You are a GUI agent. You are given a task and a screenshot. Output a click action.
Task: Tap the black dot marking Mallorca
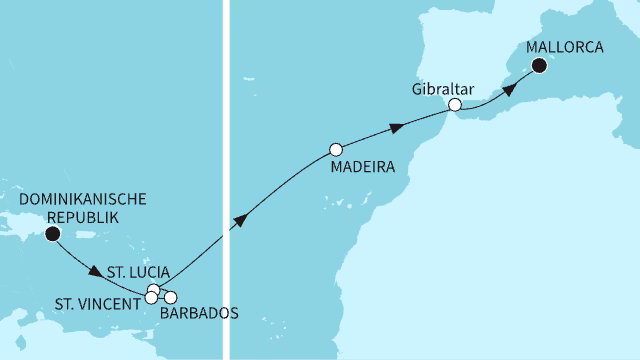click(540, 66)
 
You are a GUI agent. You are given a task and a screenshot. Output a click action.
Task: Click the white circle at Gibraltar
click(455, 104)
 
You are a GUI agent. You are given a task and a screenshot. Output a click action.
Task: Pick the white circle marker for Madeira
click(336, 150)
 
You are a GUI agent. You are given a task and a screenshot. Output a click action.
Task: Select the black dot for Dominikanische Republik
click(51, 234)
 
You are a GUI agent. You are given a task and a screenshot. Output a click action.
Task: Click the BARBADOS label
click(199, 313)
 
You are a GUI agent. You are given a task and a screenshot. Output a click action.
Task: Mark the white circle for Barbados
click(170, 297)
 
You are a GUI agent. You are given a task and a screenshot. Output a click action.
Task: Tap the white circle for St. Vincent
click(152, 297)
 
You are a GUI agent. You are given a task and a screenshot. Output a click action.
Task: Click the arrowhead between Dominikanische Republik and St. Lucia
click(96, 271)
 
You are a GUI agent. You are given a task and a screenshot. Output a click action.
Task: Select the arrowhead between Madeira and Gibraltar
click(398, 127)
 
